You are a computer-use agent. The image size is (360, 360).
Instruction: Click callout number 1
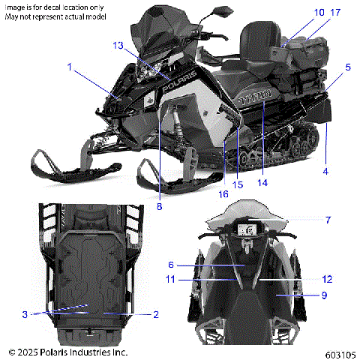70,67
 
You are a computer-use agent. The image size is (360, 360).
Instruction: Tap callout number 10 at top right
298,13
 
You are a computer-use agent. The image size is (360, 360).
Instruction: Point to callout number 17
314,13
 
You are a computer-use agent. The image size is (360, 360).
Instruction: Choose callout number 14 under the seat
262,181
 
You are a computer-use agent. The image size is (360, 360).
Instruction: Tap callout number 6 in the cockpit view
171,265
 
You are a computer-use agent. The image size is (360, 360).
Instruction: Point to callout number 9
325,295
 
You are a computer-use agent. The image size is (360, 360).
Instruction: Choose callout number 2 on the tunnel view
156,314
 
